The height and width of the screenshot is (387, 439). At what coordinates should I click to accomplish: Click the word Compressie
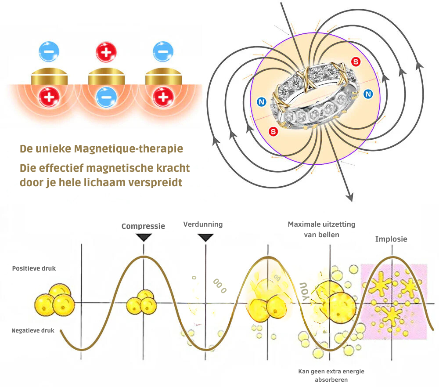(143, 226)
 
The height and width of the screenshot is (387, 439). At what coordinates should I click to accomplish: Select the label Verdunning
(203, 224)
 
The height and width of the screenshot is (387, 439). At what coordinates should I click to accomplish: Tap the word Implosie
(391, 239)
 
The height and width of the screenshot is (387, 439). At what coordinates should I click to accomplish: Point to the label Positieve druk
(34, 268)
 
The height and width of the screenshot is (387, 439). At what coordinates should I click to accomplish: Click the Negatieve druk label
(33, 330)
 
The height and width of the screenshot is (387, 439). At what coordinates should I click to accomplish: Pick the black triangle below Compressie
(144, 238)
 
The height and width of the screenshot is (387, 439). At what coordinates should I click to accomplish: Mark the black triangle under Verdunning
(205, 238)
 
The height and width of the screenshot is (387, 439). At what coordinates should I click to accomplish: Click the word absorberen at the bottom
(331, 380)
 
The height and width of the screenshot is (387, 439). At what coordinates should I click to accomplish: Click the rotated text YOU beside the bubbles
(303, 290)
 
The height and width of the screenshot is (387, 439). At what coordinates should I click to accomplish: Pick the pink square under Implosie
(393, 301)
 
